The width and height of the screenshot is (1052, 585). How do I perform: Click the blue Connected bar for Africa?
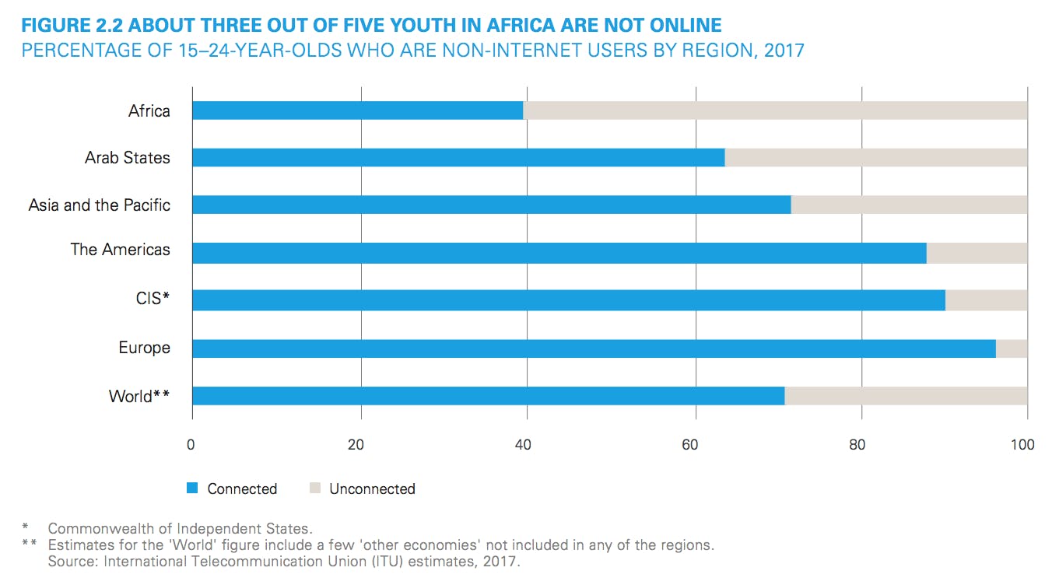pos(357,110)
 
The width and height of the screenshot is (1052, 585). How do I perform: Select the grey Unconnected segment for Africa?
pos(775,110)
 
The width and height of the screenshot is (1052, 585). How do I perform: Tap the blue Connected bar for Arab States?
pos(458,157)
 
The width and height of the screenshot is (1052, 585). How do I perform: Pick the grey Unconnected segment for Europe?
pos(1012,349)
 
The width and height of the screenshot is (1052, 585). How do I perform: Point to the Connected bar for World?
pos(488,396)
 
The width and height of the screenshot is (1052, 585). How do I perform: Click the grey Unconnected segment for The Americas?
pos(977,253)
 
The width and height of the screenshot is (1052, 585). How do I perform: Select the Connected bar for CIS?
pos(568,300)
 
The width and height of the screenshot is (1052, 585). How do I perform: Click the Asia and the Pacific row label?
pos(100,205)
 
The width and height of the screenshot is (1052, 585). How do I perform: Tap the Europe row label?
pos(144,348)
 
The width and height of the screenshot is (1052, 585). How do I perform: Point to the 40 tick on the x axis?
pos(524,445)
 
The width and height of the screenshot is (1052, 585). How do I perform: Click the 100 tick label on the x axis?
pos(1022,445)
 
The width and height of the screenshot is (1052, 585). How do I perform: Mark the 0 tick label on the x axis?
pos(191,445)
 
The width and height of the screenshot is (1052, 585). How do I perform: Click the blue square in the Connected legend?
pos(192,489)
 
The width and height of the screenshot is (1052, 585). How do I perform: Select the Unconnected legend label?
pos(372,489)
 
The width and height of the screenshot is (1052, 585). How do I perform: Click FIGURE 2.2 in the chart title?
pos(72,26)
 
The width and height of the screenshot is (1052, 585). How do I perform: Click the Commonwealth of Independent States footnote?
pos(181,529)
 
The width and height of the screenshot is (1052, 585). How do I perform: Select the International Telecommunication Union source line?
pos(283,560)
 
